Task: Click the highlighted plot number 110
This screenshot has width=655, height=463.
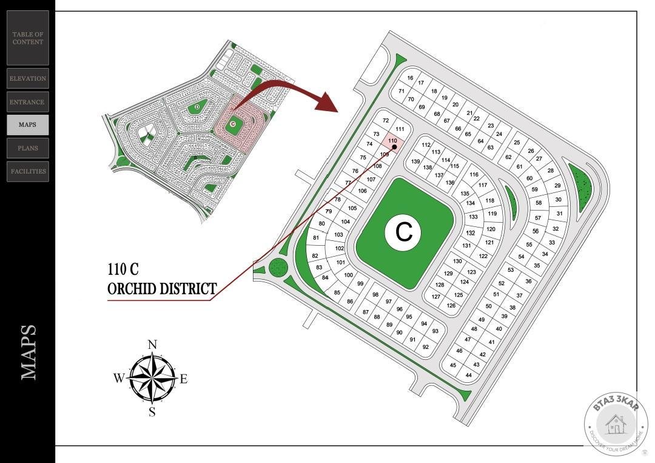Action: point(392,141)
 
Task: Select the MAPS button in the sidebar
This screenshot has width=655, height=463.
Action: point(27,124)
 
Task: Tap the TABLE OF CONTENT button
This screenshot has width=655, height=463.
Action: point(28,38)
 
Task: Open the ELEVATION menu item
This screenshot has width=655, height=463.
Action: point(28,78)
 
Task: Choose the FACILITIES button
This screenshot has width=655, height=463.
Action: point(28,171)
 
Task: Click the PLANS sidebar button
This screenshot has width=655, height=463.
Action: point(28,148)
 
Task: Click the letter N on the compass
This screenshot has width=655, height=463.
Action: point(152,345)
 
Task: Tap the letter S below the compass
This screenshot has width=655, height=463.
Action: point(152,413)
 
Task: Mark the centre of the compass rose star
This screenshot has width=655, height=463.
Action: point(152,379)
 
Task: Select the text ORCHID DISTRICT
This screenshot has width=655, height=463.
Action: point(162,289)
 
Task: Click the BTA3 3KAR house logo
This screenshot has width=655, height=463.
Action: point(616,423)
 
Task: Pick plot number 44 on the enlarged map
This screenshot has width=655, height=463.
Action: point(468,375)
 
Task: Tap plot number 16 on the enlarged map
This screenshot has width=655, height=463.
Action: point(410,78)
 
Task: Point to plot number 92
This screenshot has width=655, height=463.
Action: point(426,347)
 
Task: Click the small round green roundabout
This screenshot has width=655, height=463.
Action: point(277,266)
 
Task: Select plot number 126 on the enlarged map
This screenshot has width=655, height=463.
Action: point(451,305)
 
